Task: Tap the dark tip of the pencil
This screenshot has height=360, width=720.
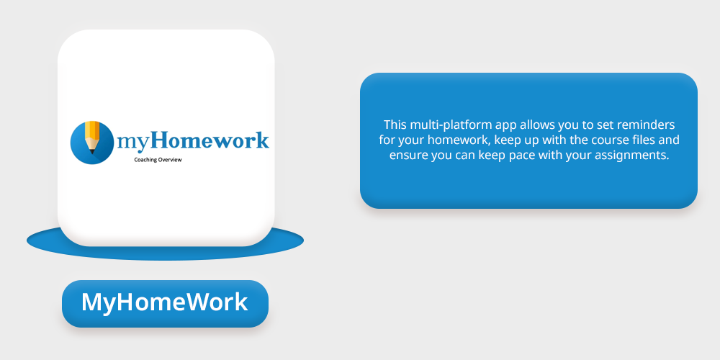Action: pyautogui.click(x=92, y=151)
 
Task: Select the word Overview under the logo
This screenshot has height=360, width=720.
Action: pyautogui.click(x=170, y=160)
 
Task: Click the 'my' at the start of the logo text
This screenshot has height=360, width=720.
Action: pyautogui.click(x=133, y=143)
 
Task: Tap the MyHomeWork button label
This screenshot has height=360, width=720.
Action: pyautogui.click(x=165, y=302)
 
